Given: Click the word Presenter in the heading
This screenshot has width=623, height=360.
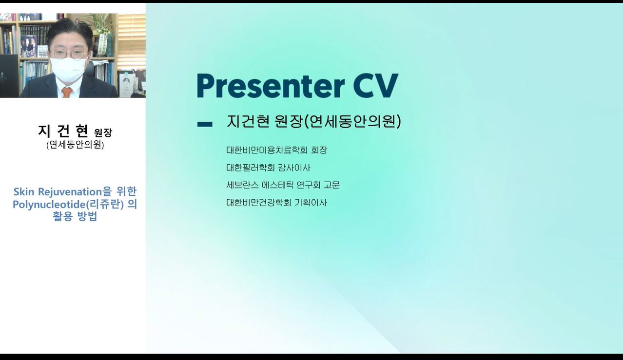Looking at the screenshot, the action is click(x=271, y=86).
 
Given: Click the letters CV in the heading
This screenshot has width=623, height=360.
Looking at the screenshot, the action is click(x=376, y=86).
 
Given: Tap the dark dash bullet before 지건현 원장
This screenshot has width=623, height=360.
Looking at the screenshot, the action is click(x=205, y=124).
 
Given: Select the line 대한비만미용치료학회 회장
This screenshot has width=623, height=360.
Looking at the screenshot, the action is click(x=277, y=150).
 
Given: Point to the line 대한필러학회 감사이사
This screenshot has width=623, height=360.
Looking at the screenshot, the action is click(x=269, y=168).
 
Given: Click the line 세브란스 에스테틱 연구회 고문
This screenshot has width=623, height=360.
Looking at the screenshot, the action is click(x=283, y=185).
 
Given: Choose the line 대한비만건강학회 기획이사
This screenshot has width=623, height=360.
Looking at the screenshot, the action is click(x=277, y=202).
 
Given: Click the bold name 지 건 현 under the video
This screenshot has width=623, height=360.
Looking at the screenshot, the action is click(x=63, y=131).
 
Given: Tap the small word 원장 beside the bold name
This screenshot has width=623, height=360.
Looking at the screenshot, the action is click(x=103, y=133).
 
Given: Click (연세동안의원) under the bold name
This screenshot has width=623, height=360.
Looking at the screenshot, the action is click(x=75, y=145).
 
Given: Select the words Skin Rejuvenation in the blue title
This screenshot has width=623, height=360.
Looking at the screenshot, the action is click(x=58, y=192).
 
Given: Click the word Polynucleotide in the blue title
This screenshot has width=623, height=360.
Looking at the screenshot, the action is click(x=49, y=205).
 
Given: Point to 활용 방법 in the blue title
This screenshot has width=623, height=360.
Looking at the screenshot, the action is click(x=75, y=216).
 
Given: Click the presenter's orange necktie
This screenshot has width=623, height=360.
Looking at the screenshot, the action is click(x=67, y=92).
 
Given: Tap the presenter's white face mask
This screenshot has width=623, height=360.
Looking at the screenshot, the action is click(x=68, y=70).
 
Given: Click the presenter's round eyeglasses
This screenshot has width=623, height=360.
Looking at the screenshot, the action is click(x=69, y=54).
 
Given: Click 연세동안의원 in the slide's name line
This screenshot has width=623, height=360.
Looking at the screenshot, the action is click(x=353, y=121).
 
